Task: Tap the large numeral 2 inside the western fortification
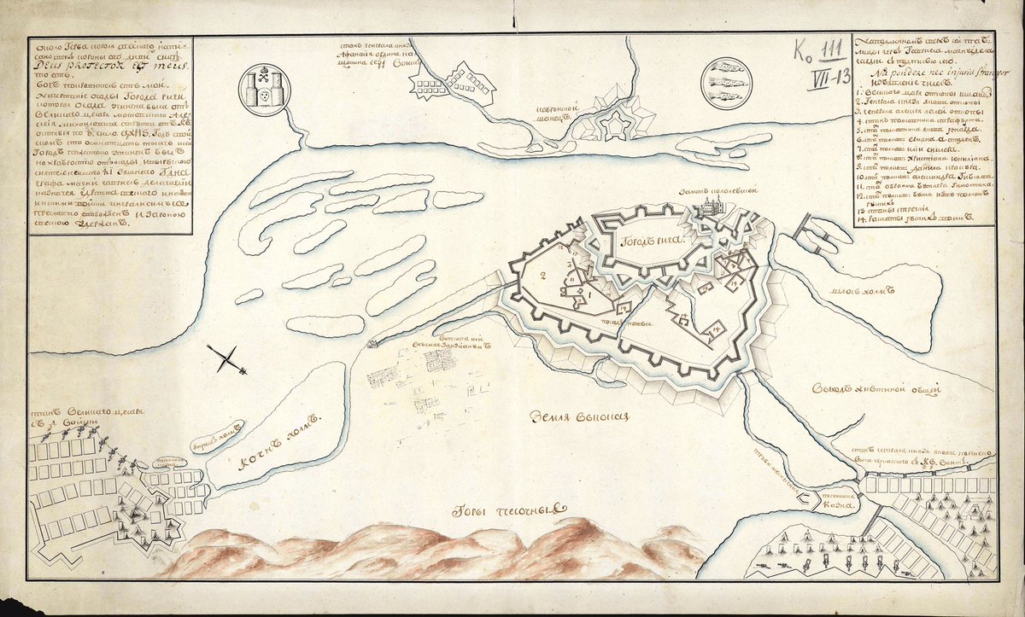click(x=542, y=276)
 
